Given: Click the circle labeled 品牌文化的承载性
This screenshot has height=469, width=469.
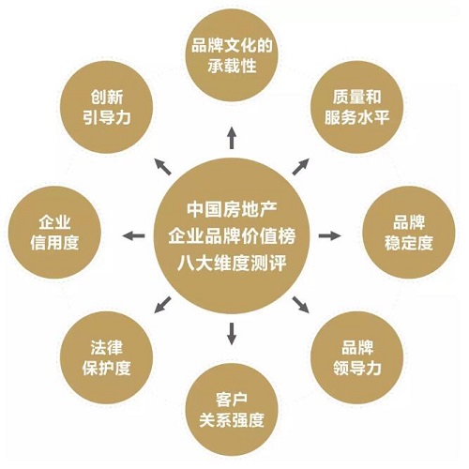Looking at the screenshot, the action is coord(232,55).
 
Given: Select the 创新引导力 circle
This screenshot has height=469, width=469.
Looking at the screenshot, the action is coord(106,107).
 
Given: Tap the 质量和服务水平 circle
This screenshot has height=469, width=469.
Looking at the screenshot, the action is coord(356,107).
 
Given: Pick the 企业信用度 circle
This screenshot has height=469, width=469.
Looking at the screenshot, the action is coord(54,233).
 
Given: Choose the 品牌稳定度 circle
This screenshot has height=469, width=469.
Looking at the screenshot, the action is coord(409,233).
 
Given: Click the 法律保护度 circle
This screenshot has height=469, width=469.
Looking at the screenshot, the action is coord(106,357).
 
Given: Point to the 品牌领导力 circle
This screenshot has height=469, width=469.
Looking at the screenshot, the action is coord(356,357).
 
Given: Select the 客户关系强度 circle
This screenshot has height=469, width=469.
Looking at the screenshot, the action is coord(232,409).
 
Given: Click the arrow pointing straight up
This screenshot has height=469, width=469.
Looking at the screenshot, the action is coord(232,138).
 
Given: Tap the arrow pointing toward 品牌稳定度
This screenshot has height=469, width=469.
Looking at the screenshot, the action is coord(330,235).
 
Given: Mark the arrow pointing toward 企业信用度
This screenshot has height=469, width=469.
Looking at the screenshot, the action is coord(133,235).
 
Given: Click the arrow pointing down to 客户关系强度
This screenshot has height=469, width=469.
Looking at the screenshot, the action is coord(232,334).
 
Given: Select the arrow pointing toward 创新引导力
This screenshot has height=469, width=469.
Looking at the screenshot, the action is coord(163,167).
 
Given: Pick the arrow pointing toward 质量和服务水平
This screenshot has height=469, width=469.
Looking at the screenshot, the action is coord(301,167).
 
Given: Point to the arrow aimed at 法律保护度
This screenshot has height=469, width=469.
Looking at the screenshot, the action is coord(162,305).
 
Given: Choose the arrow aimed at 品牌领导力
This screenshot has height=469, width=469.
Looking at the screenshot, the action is coord(301,305).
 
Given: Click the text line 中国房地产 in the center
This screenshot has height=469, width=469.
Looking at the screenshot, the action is coord(232,209).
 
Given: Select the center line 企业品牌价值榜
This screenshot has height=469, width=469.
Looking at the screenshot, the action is coord(232,236).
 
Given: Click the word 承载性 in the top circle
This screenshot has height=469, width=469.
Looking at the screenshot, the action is coord(232,66).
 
